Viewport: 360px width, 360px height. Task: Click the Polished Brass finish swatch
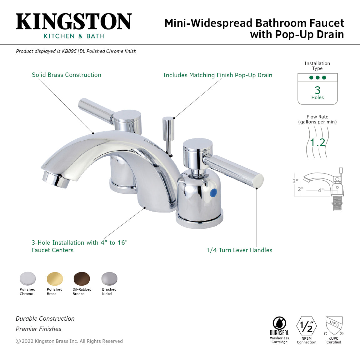pyautogui.click(x=55, y=279)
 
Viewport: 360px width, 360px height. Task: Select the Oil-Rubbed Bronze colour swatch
pyautogui.click(x=82, y=279)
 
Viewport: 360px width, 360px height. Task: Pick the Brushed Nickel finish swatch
pyautogui.click(x=109, y=279)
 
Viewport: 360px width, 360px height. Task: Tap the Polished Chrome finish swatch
pyautogui.click(x=27, y=279)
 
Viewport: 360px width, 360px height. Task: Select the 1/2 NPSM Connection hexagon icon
pyautogui.click(x=307, y=326)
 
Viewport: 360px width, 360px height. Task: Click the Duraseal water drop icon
pyautogui.click(x=279, y=323)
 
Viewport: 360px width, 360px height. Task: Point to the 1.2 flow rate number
pyautogui.click(x=317, y=143)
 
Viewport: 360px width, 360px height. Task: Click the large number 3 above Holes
pyautogui.click(x=317, y=90)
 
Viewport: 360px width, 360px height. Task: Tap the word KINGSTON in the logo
pyautogui.click(x=74, y=22)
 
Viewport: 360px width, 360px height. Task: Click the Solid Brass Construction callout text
pyautogui.click(x=67, y=75)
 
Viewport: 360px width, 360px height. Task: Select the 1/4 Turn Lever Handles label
pyautogui.click(x=239, y=250)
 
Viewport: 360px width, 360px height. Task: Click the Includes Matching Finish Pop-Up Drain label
pyautogui.click(x=218, y=75)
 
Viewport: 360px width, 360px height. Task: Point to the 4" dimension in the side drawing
pyautogui.click(x=321, y=190)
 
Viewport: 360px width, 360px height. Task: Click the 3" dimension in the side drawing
pyautogui.click(x=295, y=181)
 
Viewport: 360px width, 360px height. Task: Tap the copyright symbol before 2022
pyautogui.click(x=18, y=341)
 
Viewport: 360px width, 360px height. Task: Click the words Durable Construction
pyautogui.click(x=45, y=319)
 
